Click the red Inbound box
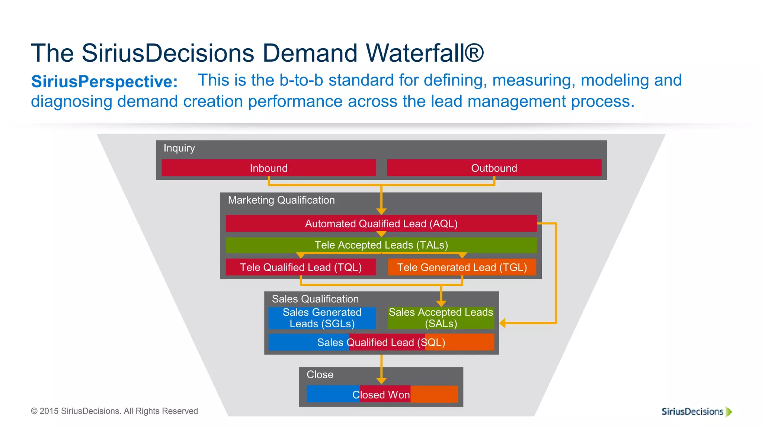(x=269, y=168)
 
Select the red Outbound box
(x=494, y=168)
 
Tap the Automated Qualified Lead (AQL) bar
(x=381, y=224)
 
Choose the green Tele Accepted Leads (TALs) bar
(x=381, y=245)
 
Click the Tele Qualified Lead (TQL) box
(x=301, y=267)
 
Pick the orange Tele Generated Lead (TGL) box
(x=462, y=267)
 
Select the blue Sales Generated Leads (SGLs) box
(x=322, y=318)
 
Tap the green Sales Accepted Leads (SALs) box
(x=441, y=318)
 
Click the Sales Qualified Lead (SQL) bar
(x=381, y=342)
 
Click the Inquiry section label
(x=179, y=148)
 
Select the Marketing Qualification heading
(x=281, y=200)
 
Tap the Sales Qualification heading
(x=315, y=299)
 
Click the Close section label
(x=320, y=374)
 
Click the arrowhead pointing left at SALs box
(x=502, y=323)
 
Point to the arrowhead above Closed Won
(x=381, y=381)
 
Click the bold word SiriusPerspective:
(x=104, y=82)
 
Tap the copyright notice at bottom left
(x=114, y=411)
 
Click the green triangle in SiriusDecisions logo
(x=729, y=412)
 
